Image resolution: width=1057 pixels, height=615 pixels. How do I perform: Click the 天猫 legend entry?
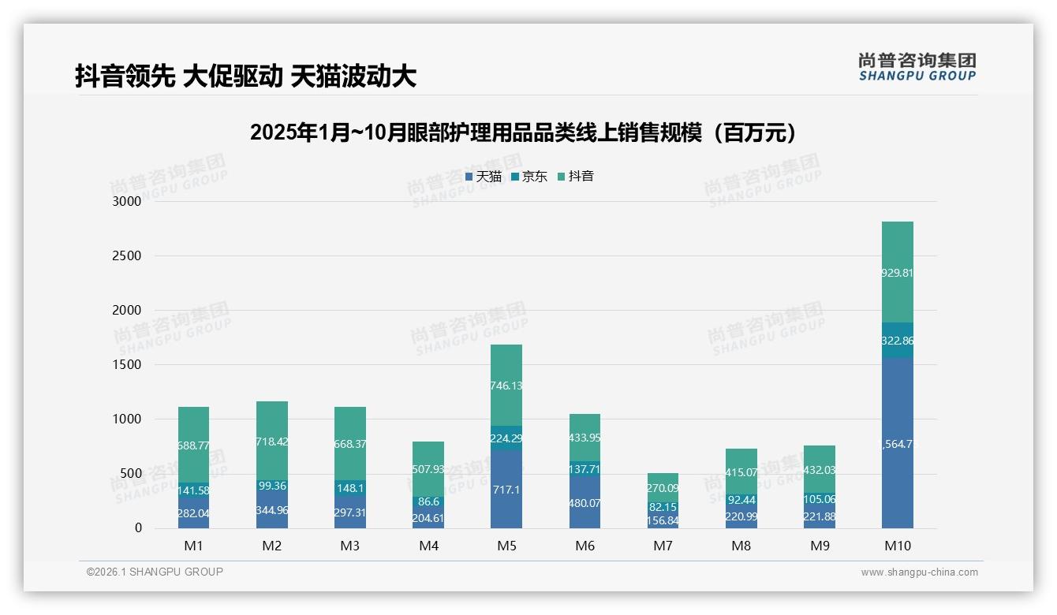click(x=484, y=177)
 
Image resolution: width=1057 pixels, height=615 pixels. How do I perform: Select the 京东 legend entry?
click(x=529, y=177)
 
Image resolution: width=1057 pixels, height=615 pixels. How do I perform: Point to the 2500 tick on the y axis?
click(x=127, y=255)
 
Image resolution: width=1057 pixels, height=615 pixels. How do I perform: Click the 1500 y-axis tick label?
click(x=127, y=364)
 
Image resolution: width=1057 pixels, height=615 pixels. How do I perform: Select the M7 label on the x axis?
click(x=663, y=546)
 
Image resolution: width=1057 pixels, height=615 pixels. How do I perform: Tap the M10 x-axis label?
click(x=898, y=546)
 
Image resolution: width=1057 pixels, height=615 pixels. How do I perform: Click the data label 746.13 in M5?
click(x=506, y=386)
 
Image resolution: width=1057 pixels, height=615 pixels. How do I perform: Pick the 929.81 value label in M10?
click(x=898, y=273)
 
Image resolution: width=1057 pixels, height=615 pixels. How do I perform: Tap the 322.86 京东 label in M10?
click(x=898, y=341)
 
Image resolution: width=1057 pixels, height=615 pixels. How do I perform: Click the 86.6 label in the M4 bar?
click(x=428, y=501)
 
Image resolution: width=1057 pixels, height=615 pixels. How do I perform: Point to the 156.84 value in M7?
click(x=663, y=520)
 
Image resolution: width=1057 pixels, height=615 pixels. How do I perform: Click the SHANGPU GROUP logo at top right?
click(x=917, y=67)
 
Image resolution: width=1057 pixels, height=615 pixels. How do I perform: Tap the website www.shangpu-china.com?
click(x=919, y=572)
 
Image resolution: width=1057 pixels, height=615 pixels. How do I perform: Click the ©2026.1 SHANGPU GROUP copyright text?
click(x=155, y=572)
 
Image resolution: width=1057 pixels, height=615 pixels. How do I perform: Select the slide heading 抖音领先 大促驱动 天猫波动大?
click(x=245, y=76)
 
